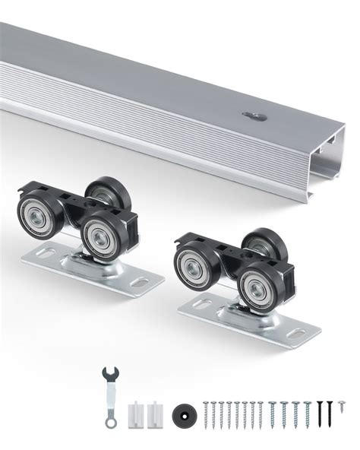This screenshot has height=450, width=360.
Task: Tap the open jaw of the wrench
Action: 109,374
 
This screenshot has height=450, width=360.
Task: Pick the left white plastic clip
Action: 137,413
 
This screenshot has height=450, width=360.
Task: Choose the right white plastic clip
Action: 156,413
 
